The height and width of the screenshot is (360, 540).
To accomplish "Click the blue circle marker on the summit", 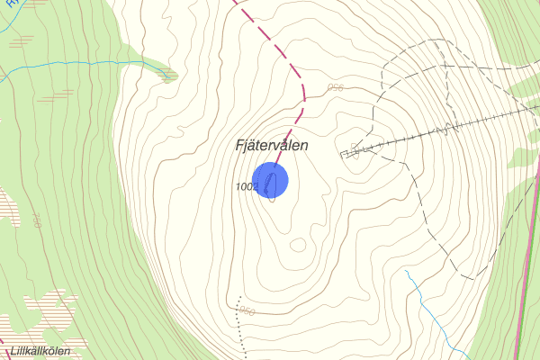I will click(x=269, y=180).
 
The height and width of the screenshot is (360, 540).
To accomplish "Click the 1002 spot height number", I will click(x=247, y=186).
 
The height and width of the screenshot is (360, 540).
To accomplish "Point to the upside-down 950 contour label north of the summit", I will click(x=336, y=87).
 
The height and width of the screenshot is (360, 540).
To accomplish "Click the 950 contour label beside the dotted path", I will click(x=248, y=310).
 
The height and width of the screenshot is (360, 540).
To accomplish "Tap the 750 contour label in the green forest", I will click(x=37, y=220).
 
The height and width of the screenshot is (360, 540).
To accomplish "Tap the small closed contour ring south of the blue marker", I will click(x=298, y=244).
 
